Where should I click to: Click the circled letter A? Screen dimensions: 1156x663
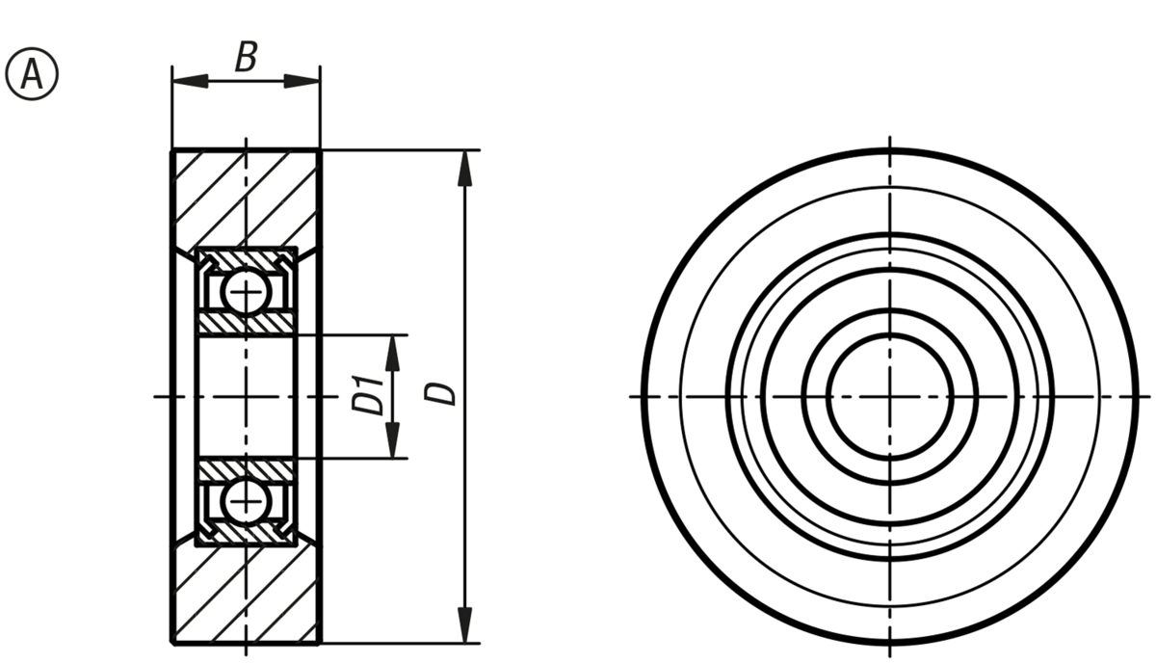[x=32, y=74]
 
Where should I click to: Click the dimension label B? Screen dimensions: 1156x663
[x=247, y=57]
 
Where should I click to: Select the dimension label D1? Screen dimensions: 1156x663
[x=368, y=395]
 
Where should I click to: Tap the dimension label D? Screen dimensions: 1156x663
[x=440, y=394]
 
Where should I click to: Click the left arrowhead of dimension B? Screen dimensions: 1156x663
[x=190, y=81]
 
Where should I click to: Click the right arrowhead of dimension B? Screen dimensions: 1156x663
[x=302, y=81]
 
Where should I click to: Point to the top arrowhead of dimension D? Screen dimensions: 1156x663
[x=465, y=168]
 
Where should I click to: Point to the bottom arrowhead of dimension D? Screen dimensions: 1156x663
[x=465, y=625]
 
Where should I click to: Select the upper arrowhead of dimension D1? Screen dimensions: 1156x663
[x=393, y=354]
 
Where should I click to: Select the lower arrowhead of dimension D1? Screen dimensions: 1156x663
[x=393, y=440]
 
